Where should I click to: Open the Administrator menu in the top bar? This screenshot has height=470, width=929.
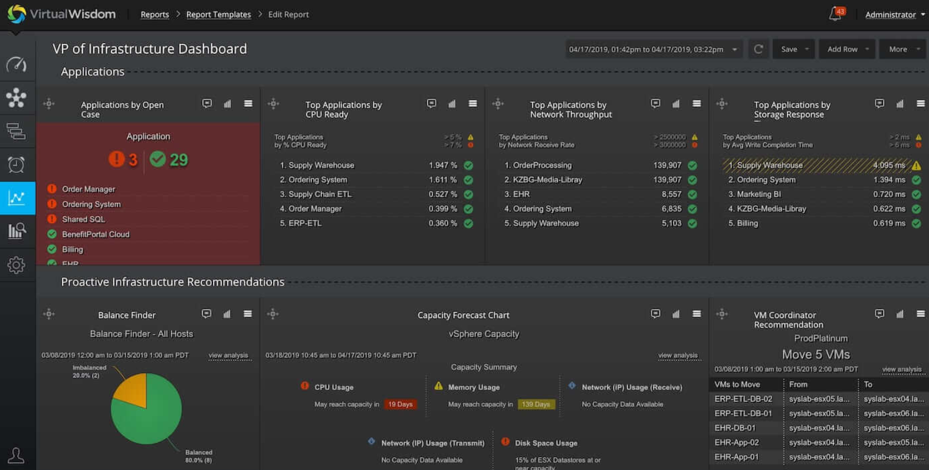[894, 15]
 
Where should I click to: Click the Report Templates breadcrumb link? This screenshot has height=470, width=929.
[218, 15]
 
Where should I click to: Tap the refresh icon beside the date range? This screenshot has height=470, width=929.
[759, 49]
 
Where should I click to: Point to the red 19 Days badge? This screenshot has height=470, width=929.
[400, 404]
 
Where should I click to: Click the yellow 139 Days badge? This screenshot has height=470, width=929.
[536, 404]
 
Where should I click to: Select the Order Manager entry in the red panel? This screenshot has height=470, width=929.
[88, 189]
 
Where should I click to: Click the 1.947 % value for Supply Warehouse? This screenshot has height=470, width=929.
[442, 165]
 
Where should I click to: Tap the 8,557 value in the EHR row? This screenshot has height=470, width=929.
[671, 194]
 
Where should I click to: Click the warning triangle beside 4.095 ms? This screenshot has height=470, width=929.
[916, 165]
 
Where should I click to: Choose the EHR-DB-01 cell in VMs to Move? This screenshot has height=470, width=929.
[734, 428]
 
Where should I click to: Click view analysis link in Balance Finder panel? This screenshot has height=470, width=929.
[228, 355]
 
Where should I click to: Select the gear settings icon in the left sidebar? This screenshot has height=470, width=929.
[17, 265]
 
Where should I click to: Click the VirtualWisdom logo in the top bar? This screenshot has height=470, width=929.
[61, 14]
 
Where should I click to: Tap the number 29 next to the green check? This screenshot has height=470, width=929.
[178, 159]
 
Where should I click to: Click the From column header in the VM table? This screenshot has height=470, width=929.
[798, 384]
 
